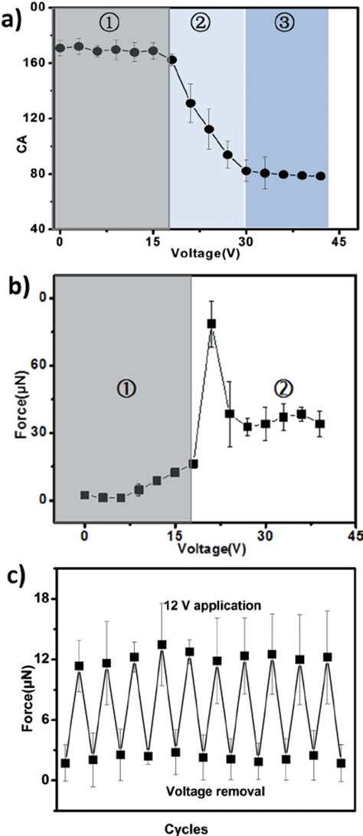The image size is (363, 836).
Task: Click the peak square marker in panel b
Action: pyautogui.click(x=211, y=323)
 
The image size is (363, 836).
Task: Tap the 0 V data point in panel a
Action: pyautogui.click(x=60, y=48)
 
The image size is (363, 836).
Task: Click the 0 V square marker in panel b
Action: pyautogui.click(x=85, y=495)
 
